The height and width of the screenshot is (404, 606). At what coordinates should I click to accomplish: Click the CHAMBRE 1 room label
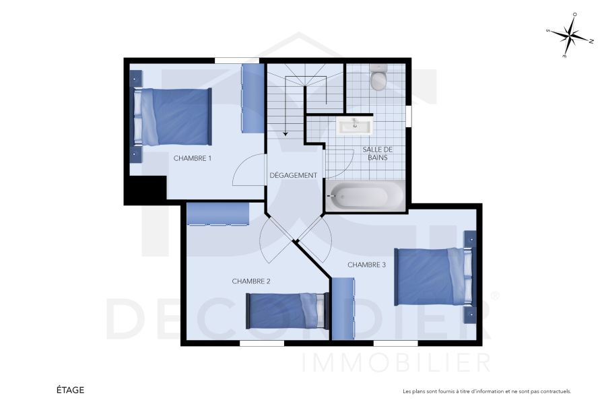[193, 158]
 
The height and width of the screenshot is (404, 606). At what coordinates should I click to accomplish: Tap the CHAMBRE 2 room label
[250, 281]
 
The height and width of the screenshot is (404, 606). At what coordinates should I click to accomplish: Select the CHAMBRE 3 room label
[366, 265]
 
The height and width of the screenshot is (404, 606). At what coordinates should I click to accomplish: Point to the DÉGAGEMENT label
[293, 175]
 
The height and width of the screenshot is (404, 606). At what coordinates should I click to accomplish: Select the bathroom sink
[354, 126]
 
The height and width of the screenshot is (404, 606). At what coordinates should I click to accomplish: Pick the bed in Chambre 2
[288, 311]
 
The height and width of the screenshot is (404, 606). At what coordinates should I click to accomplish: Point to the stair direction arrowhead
[285, 134]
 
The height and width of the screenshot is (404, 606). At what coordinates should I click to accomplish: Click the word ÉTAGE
[70, 390]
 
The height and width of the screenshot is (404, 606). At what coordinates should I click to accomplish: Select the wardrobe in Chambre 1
[252, 98]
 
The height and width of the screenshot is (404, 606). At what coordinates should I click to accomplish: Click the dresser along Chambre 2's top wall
[218, 215]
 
